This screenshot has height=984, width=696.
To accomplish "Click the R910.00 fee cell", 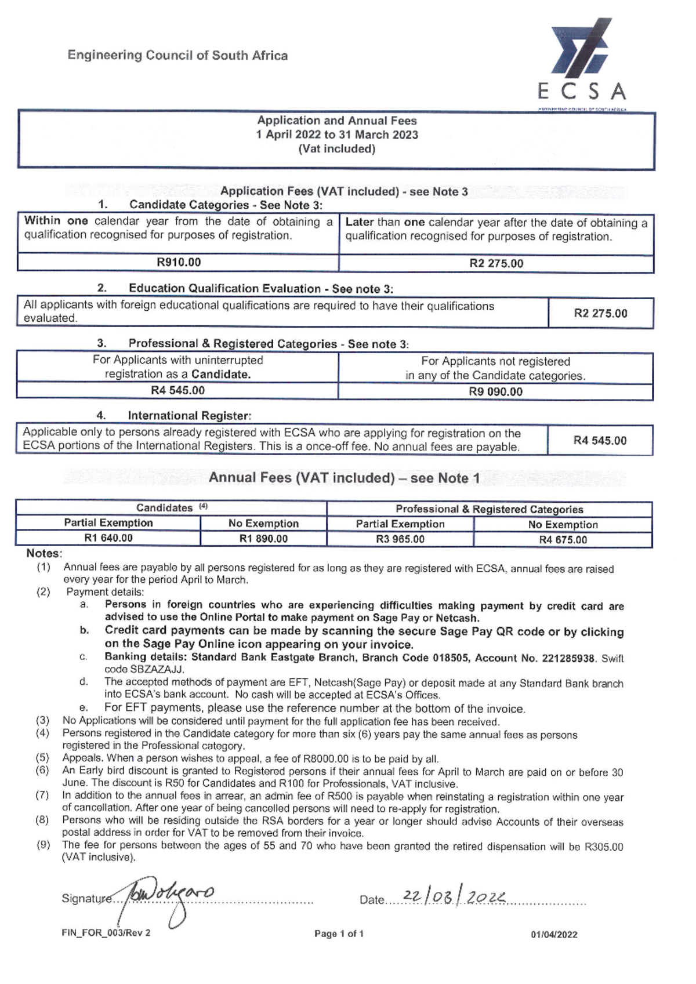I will click(x=179, y=263).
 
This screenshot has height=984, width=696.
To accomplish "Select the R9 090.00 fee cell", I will click(x=495, y=392).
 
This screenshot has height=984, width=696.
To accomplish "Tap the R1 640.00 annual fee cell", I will click(x=108, y=538).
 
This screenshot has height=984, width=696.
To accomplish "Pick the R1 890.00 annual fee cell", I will click(x=263, y=539).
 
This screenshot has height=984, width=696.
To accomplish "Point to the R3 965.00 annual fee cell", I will click(x=400, y=539).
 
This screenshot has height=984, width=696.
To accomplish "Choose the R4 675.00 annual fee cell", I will click(x=563, y=540).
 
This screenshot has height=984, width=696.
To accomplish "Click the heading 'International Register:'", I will click(x=189, y=416).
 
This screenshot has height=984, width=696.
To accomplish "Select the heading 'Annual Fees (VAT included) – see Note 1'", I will click(x=344, y=478).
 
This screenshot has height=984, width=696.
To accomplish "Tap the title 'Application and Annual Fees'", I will click(x=337, y=121).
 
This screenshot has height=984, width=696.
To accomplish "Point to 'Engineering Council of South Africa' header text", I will click(x=177, y=56).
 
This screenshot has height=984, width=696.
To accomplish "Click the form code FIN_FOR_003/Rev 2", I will click(x=106, y=933).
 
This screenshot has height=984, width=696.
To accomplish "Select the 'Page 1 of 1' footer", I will click(x=339, y=934).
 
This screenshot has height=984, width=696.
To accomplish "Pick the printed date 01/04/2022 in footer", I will click(x=554, y=934).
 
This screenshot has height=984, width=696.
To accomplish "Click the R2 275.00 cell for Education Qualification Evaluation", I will click(x=600, y=314).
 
